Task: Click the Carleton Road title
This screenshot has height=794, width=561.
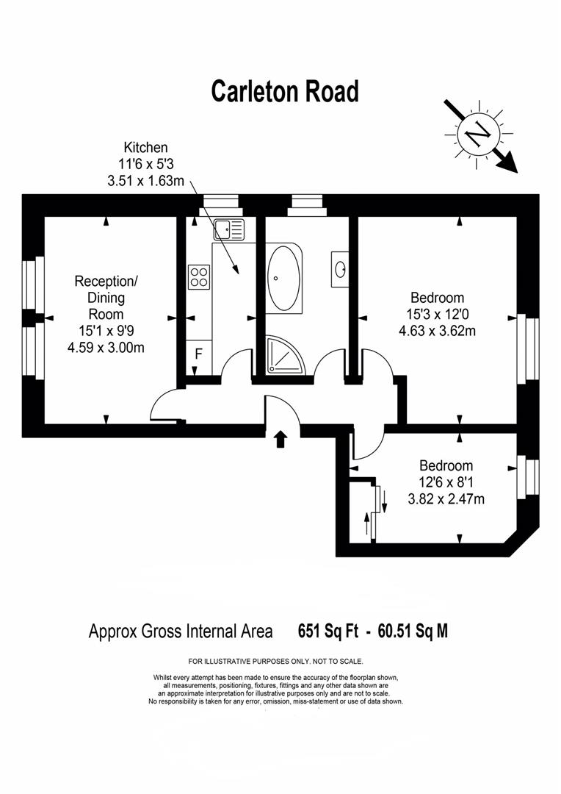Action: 285,92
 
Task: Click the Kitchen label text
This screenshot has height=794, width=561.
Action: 145,148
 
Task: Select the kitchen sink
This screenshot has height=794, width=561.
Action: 229,230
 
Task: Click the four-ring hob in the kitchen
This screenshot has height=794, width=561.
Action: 199,276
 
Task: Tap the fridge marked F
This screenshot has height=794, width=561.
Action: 198,354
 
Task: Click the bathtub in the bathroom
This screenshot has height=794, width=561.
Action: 283,278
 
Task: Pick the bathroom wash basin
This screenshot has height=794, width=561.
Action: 341,268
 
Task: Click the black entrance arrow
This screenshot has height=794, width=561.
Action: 280,439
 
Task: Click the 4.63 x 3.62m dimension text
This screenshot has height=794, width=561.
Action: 437,331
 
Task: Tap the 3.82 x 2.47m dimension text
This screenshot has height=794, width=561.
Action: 446,498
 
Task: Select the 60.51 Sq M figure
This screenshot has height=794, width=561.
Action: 412,631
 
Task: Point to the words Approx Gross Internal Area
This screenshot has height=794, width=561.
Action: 181,631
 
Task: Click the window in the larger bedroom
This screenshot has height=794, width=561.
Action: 524,349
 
